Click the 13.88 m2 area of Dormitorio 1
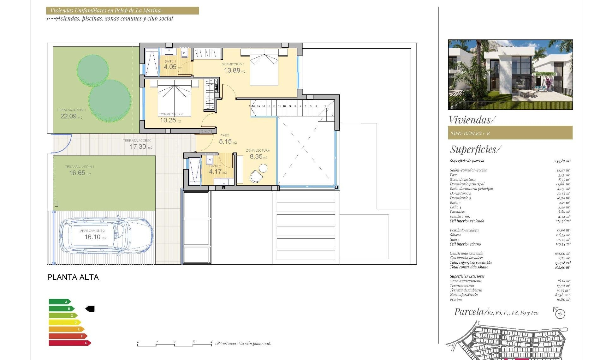232,70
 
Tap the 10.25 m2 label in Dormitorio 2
168,120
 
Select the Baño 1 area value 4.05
170,67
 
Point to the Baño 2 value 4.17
215,171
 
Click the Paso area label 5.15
225,141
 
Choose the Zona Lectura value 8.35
256,156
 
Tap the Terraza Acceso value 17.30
138,147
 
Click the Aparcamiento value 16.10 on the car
92,237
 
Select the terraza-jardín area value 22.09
68,116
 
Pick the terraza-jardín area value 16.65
77,173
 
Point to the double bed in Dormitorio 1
264,67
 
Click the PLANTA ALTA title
73,277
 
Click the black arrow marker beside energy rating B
90,309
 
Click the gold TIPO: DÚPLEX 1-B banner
510,133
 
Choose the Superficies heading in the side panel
475,149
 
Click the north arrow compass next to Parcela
560,313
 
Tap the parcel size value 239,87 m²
562,161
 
